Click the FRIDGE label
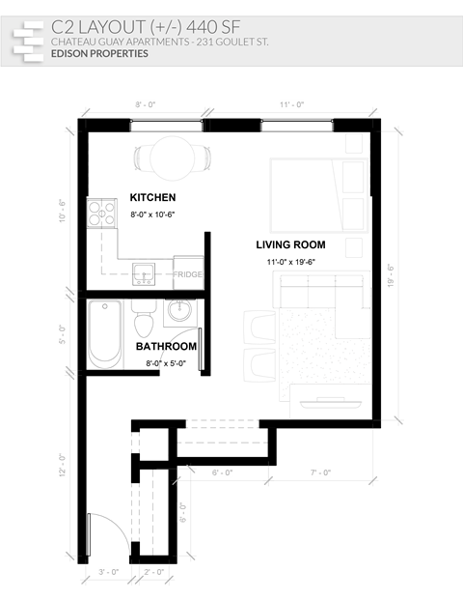coord(188,275)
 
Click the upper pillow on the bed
coord(353,178)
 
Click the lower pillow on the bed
coord(353,214)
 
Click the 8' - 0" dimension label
coord(146,103)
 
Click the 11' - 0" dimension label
coord(292,103)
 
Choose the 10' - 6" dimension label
coord(63,211)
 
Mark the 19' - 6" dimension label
coord(391,275)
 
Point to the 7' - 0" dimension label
coord(321,472)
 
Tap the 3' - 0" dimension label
coord(109,572)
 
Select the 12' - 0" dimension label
coord(63,467)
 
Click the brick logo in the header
coord(28,39)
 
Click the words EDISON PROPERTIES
coord(99,54)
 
